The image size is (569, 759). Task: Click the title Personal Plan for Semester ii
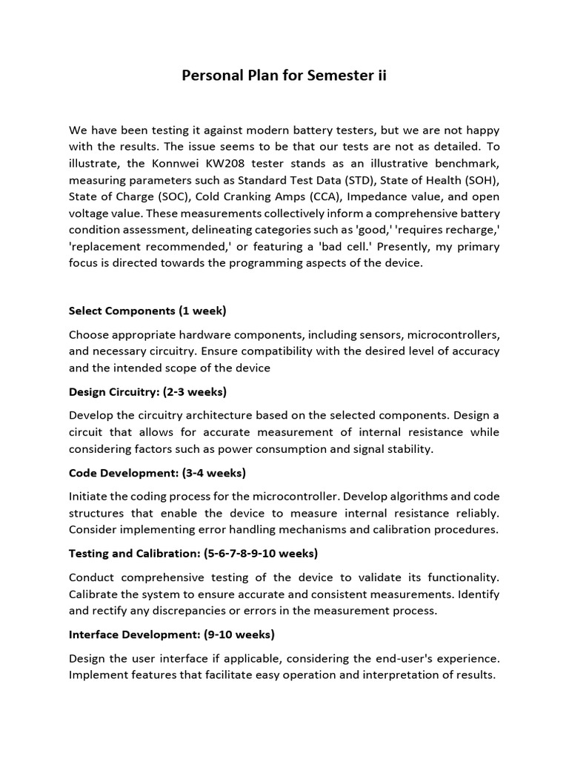284,76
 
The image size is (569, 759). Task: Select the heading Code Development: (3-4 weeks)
157,473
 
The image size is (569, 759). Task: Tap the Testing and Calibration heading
193,554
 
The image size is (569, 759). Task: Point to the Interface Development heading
171,634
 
